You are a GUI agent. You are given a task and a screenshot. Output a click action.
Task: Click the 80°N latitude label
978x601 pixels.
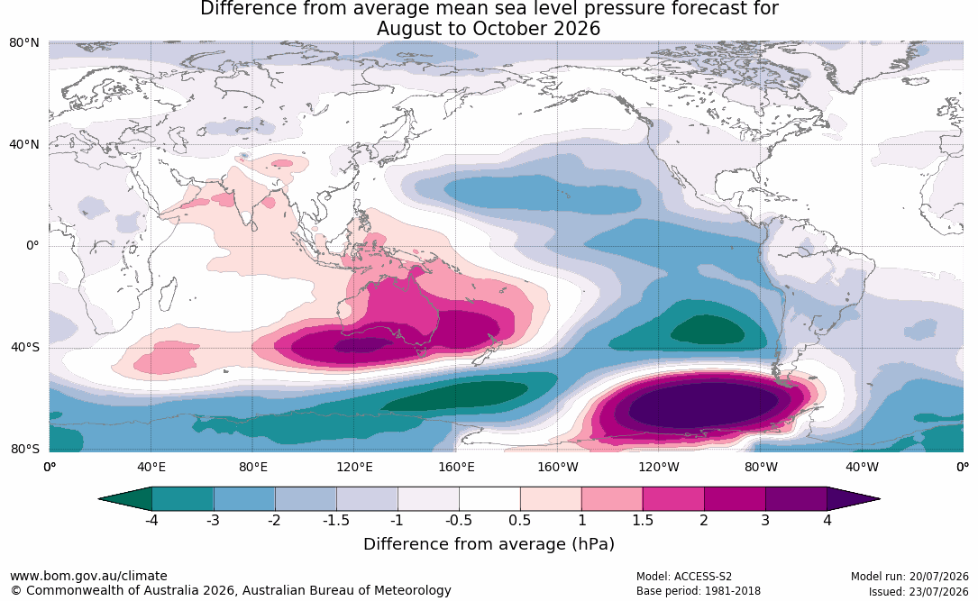point(23,43)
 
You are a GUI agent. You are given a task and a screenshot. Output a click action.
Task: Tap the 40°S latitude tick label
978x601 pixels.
point(24,347)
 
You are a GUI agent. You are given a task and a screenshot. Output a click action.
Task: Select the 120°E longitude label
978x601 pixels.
point(354,468)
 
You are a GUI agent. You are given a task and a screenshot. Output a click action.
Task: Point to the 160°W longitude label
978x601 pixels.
point(558,468)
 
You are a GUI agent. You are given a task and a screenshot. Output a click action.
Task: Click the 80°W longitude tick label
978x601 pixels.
point(761,468)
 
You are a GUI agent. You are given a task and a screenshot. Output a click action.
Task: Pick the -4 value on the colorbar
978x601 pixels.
point(151,520)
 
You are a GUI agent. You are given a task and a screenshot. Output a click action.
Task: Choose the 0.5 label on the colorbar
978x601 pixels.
point(519,520)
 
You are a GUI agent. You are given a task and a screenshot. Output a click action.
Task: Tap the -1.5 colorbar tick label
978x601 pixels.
point(336,520)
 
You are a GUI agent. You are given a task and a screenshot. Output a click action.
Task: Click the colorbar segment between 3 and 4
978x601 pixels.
point(797,499)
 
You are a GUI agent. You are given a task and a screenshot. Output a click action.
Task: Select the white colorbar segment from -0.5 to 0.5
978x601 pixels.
point(489,499)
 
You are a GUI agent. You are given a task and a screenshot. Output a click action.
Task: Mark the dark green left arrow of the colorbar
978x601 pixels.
point(125,499)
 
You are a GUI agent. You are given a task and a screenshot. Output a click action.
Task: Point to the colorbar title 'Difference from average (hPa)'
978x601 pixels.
point(489,544)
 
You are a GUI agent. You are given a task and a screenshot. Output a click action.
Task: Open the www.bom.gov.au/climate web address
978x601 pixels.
point(88,576)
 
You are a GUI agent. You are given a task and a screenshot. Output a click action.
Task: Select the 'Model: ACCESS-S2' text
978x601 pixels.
point(684,577)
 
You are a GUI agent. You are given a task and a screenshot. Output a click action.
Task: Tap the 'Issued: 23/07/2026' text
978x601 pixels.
point(919,591)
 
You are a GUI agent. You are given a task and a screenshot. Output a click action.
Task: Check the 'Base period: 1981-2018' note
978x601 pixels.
point(699,591)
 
